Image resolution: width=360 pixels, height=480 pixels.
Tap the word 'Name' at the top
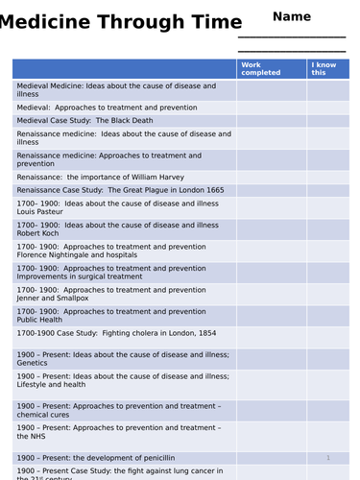(292, 16)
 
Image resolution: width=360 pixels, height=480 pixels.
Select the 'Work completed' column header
(261, 68)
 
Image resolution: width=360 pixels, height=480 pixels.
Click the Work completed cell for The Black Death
(272, 121)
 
